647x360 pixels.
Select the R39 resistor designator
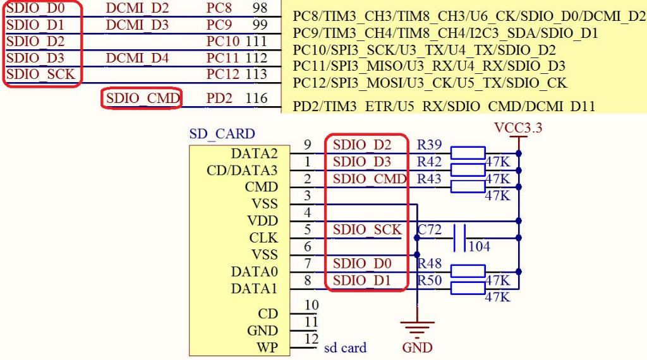430,145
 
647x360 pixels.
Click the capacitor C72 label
430,231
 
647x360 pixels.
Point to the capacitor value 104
479,246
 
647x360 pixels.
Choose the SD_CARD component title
222,134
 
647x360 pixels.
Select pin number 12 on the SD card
311,339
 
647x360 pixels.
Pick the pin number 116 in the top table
256,99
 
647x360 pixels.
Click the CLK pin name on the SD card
265,238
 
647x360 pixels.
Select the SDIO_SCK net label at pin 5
367,230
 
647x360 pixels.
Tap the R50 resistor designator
430,280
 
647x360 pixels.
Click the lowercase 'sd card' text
345,347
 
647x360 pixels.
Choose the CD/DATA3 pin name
242,171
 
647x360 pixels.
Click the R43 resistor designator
430,179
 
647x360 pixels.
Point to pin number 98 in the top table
258,8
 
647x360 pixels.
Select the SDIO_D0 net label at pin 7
362,263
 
